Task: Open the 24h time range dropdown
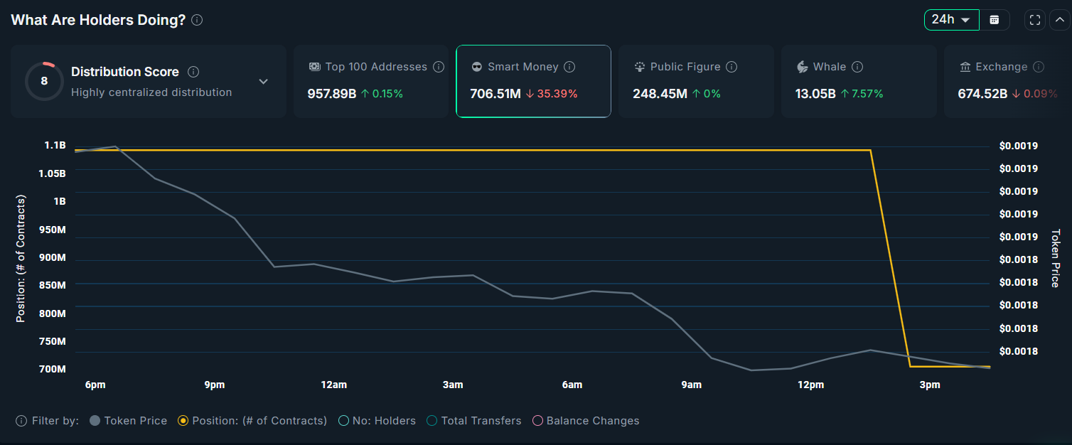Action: click(951, 20)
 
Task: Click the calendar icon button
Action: click(995, 20)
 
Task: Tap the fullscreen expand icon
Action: click(1035, 20)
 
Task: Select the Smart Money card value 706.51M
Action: click(495, 93)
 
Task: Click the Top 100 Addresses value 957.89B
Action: click(332, 93)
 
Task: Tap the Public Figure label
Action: click(685, 67)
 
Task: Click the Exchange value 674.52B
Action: click(982, 93)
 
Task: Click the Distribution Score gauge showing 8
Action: click(44, 81)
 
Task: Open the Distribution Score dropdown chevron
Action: click(263, 81)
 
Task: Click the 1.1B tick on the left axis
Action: click(55, 145)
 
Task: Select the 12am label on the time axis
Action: click(333, 385)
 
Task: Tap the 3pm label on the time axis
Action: click(929, 385)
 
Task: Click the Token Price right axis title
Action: click(1056, 258)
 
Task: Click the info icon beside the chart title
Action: click(197, 20)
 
